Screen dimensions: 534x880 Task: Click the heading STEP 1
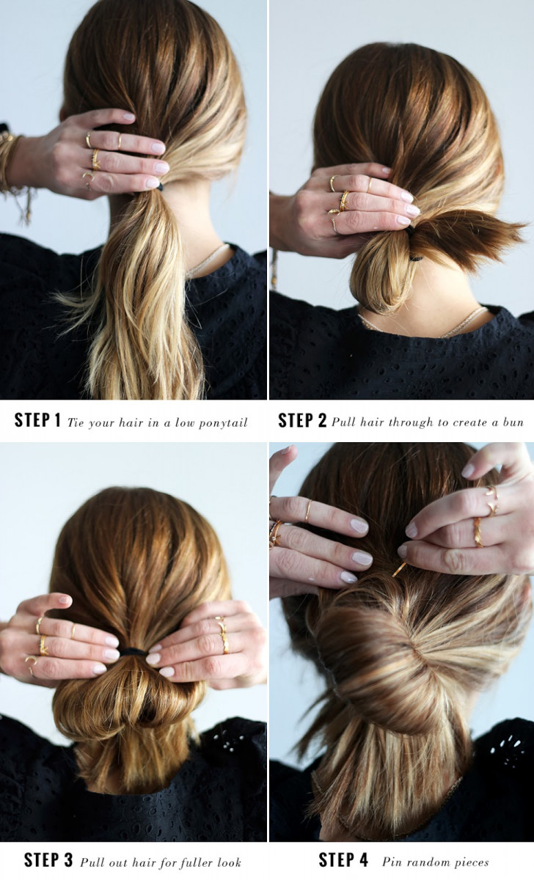(x=37, y=420)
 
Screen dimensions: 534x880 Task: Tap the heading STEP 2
(x=302, y=420)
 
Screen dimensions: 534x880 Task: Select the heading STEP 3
(x=48, y=860)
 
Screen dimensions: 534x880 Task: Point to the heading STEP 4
(x=343, y=860)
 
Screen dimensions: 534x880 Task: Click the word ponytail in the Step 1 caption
(x=223, y=423)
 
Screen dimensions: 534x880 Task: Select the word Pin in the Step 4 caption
(x=390, y=862)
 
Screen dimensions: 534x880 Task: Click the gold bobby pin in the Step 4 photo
(x=399, y=570)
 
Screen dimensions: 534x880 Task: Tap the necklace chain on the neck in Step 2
(x=423, y=323)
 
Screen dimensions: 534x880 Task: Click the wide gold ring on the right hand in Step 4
(x=478, y=532)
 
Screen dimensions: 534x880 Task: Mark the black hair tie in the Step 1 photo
(x=159, y=187)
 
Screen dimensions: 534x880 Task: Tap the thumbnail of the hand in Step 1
(x=128, y=116)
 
